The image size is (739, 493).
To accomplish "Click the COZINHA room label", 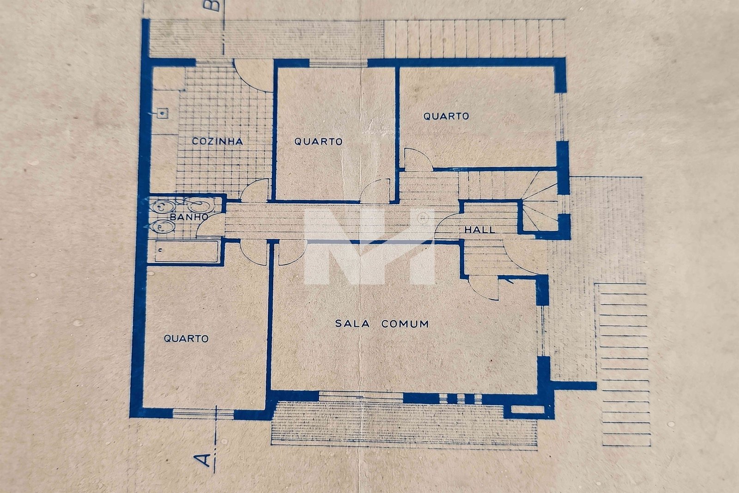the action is (218, 141).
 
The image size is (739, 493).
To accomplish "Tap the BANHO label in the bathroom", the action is (189, 217).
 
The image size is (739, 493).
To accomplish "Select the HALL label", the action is (480, 230).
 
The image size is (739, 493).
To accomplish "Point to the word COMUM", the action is (405, 324).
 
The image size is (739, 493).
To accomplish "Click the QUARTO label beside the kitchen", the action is (318, 141).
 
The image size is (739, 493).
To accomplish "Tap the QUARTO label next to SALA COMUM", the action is (186, 339).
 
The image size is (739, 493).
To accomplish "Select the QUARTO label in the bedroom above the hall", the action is (446, 116).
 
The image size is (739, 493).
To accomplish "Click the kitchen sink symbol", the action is (162, 113).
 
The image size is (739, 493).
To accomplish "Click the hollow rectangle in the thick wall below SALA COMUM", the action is (527, 409).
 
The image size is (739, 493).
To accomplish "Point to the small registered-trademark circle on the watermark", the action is (421, 218).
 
